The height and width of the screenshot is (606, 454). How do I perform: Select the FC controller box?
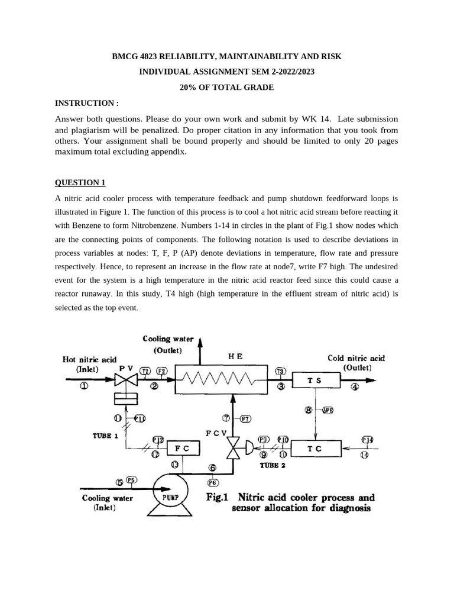181,449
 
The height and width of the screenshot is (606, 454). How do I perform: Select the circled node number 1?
83,386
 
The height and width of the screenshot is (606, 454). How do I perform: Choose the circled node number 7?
225,418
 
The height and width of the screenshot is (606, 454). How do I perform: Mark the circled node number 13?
175,465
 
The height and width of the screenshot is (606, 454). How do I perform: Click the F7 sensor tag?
245,418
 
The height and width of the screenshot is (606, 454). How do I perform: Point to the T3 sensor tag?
281,371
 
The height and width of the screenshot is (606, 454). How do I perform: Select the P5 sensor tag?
131,480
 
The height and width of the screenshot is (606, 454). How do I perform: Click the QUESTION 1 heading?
80,182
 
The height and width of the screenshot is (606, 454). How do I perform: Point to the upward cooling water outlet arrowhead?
199,341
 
